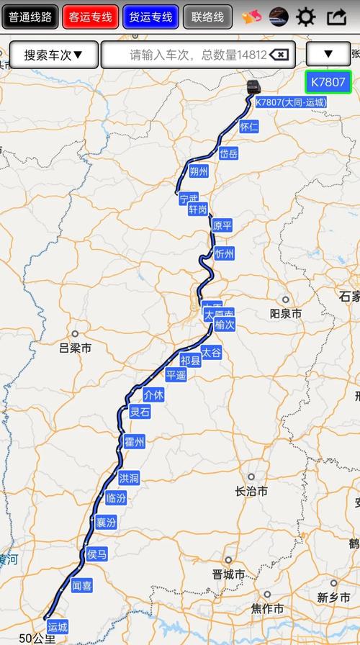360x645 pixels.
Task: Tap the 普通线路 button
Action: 30,17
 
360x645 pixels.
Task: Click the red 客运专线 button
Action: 90,17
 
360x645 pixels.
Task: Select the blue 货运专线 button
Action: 150,17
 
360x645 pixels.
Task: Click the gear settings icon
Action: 306,17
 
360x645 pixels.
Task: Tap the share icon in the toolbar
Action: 336,17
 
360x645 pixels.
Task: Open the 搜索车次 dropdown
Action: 53,55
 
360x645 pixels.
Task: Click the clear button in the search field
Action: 280,55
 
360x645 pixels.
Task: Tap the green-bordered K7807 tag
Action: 328,82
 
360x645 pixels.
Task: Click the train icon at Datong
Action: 253,89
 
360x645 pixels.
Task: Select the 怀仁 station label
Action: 249,127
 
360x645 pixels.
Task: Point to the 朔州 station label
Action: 199,171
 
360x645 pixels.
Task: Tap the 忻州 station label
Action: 225,253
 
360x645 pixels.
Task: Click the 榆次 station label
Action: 225,325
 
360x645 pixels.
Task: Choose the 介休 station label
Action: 154,394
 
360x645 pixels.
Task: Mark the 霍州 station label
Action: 135,441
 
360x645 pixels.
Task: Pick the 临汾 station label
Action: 115,497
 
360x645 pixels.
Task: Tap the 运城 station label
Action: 57,628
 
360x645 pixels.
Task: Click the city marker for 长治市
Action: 251,477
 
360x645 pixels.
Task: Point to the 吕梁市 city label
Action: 76,348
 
